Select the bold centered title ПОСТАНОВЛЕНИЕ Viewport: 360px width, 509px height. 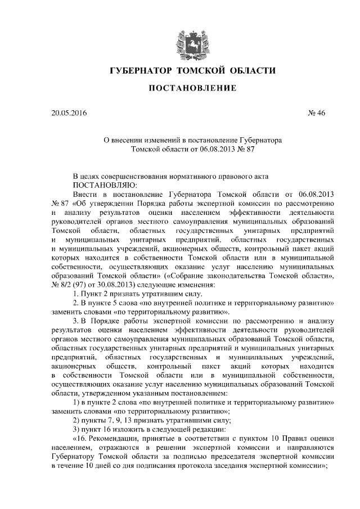[184, 89]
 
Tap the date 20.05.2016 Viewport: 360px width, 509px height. [69, 113]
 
